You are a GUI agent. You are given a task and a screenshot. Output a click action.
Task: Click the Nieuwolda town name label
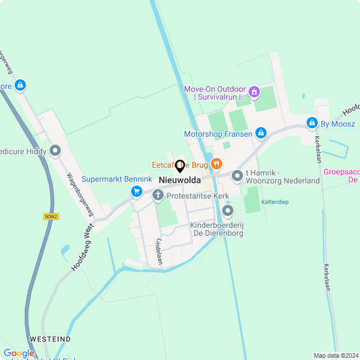[x=180, y=180]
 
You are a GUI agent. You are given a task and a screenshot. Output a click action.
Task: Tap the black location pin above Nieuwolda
[x=181, y=166]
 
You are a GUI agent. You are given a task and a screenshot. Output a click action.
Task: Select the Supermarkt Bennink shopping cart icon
[x=136, y=191]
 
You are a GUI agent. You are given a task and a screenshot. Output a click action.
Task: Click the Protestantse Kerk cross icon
[x=159, y=195]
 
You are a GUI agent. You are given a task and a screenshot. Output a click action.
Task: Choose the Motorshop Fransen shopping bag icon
[x=260, y=133]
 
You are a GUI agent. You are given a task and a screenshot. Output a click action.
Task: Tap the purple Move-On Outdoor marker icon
[x=254, y=90]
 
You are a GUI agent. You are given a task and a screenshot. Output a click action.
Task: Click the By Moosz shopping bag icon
[x=312, y=123]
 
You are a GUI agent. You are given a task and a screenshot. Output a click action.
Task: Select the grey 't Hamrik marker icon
[x=237, y=176]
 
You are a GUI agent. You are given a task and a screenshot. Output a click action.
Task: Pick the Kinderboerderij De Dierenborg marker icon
[x=228, y=211]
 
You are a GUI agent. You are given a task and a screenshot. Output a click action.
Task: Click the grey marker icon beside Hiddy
[x=55, y=150]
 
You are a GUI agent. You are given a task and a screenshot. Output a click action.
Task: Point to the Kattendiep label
[x=274, y=201]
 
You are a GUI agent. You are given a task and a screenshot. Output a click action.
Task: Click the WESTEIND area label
[x=51, y=339]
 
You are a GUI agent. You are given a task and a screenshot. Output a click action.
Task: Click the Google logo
[x=19, y=353]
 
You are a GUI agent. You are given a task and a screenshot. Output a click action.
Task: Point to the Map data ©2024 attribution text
[x=335, y=355]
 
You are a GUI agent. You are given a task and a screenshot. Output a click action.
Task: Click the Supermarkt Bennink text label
[x=117, y=179]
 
